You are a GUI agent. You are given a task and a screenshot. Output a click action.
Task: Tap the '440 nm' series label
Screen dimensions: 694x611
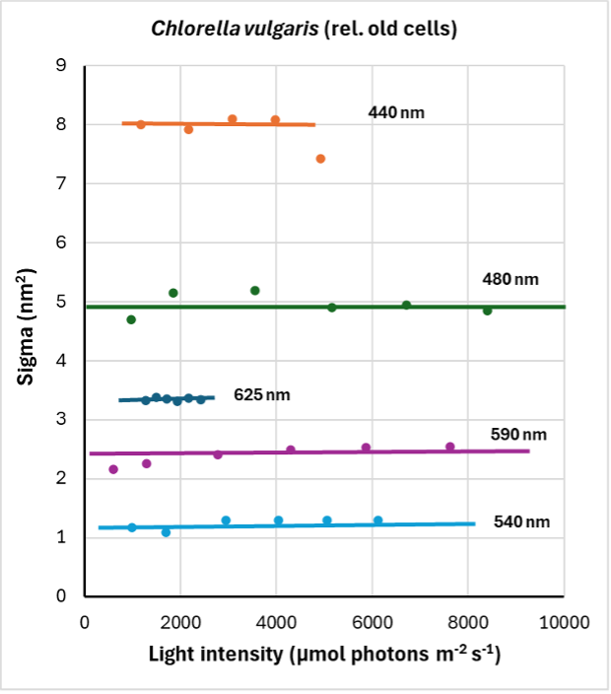396,112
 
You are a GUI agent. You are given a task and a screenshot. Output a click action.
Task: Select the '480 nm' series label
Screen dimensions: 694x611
510,279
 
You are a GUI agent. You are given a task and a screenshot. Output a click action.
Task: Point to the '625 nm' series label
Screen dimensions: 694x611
262,394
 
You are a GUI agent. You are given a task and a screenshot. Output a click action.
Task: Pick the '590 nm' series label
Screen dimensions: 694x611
518,434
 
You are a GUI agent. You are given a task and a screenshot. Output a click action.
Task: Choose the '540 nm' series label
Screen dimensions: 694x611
521,521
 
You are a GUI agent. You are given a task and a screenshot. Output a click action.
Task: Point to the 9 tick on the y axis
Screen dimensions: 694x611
61,66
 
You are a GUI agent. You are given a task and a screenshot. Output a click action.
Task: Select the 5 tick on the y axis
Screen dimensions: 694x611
61,302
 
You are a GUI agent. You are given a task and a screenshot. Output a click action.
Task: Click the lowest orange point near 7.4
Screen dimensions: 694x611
320,159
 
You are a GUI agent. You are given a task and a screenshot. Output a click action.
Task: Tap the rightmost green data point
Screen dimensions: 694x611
487,311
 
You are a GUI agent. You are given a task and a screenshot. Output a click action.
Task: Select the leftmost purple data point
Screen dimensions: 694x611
113,469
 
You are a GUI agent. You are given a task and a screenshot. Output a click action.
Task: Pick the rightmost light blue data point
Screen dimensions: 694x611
377,520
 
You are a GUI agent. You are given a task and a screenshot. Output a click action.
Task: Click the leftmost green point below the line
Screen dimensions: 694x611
131,319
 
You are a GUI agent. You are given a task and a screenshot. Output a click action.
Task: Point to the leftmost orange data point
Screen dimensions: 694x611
141,124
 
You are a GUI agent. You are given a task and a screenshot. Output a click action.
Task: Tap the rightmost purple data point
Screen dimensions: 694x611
450,447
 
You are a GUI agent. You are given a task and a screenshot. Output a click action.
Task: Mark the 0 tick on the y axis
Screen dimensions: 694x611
61,596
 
